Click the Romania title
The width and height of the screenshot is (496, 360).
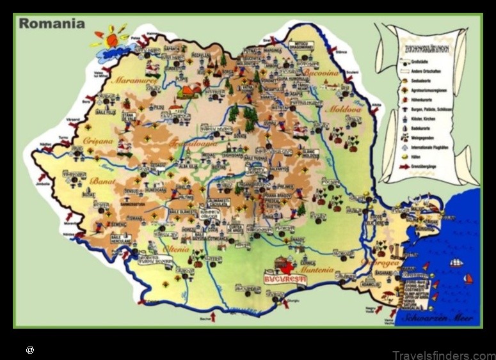52,24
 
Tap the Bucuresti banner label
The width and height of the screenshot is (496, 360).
285,279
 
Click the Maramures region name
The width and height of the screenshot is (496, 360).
134,81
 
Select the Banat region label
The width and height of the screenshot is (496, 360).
103,181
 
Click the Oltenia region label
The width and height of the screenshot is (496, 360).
176,249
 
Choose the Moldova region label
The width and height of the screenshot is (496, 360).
344,109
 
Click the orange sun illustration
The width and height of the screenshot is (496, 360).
111,40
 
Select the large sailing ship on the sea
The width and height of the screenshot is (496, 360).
456,262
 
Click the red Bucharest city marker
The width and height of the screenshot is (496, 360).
287,268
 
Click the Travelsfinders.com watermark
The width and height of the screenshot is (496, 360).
443,355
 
